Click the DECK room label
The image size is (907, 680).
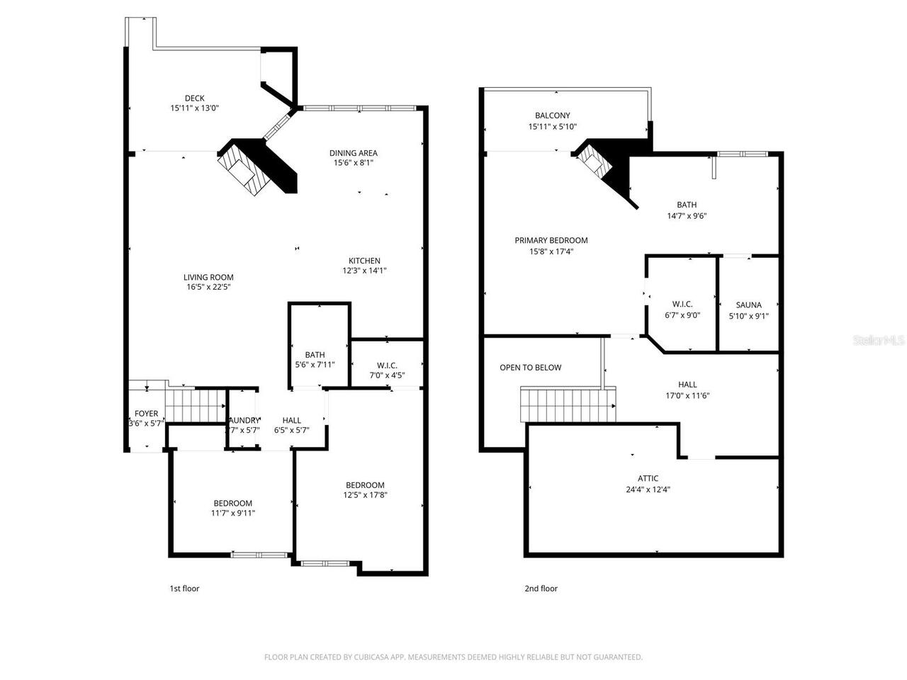tap(194, 98)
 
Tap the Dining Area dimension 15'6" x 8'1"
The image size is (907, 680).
tap(354, 162)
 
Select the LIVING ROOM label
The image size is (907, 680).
tap(208, 278)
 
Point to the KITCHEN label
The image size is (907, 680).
tap(364, 261)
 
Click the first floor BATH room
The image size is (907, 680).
tap(315, 355)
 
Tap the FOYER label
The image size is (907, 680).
tap(147, 414)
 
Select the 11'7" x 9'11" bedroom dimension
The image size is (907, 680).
tap(232, 513)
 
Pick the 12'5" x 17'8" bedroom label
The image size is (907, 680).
tap(364, 485)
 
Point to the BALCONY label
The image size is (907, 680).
tap(552, 115)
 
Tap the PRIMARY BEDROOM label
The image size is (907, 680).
tap(551, 240)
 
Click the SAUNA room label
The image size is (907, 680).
tap(748, 305)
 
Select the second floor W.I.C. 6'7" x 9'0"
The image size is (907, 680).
tap(682, 315)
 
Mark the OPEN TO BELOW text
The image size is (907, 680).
tap(530, 368)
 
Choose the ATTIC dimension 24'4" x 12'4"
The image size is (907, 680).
tap(648, 489)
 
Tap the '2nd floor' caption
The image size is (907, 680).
tap(541, 589)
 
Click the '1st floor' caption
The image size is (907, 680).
tap(184, 589)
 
